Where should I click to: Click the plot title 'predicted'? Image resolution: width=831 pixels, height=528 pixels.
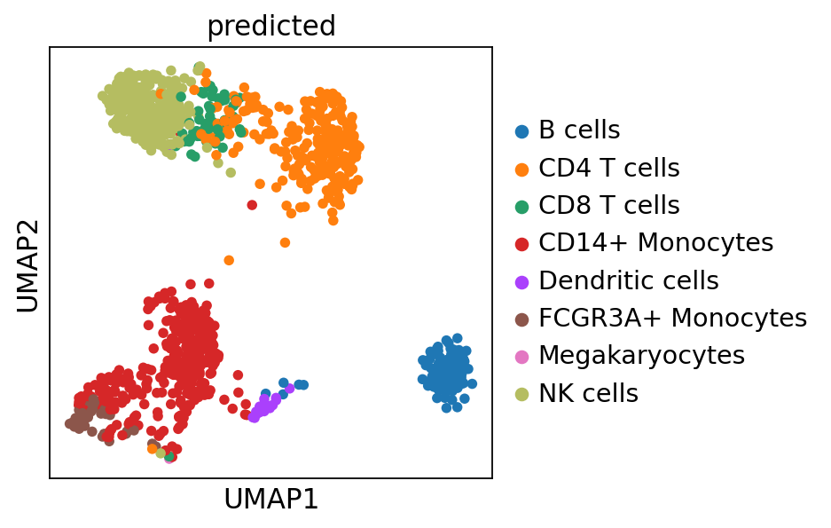point(270,27)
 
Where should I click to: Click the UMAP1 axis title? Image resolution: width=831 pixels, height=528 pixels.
point(270,500)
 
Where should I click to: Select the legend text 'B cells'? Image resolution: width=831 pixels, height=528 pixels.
point(579,130)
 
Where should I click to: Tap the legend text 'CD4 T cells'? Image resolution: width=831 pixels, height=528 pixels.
point(608,168)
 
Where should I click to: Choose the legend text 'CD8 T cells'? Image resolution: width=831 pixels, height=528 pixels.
point(608,206)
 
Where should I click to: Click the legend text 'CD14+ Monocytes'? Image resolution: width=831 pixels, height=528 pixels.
point(655,243)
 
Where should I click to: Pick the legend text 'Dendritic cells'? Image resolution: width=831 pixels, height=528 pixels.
point(628,280)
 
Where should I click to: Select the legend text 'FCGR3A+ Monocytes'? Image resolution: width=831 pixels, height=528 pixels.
point(672,318)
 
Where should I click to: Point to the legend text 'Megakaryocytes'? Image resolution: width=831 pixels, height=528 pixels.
point(641,355)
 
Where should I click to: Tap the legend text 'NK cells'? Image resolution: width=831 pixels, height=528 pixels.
point(588,393)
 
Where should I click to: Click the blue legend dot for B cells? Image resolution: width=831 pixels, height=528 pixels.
point(521,131)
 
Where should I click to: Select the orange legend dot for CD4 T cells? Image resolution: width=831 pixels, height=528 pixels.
point(521,169)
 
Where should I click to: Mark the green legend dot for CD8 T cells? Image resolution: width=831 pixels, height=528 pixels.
point(521,207)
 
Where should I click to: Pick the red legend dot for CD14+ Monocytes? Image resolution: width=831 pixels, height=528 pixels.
point(521,244)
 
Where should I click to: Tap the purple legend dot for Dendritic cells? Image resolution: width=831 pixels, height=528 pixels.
point(521,281)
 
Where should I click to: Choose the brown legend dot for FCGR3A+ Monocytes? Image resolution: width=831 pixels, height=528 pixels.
point(521,319)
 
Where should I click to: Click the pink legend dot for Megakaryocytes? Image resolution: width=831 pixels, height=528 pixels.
point(521,356)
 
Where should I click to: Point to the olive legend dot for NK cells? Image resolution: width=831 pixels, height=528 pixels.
point(521,394)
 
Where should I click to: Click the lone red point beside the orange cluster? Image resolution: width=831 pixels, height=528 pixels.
point(252,205)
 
